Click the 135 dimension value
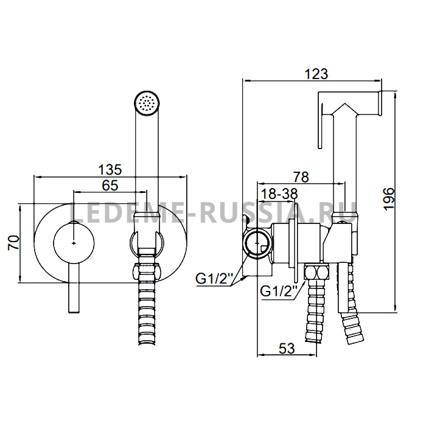pos(110,170)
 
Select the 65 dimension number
pos(110,186)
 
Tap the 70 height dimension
pos(13,243)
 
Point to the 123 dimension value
pos(316,74)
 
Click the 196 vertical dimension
pos(389,198)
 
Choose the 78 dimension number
pos(301,177)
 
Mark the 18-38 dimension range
pos(279,194)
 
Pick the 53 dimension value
pos(287,348)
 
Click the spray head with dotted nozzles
pos(147,103)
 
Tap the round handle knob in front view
pos(74,243)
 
